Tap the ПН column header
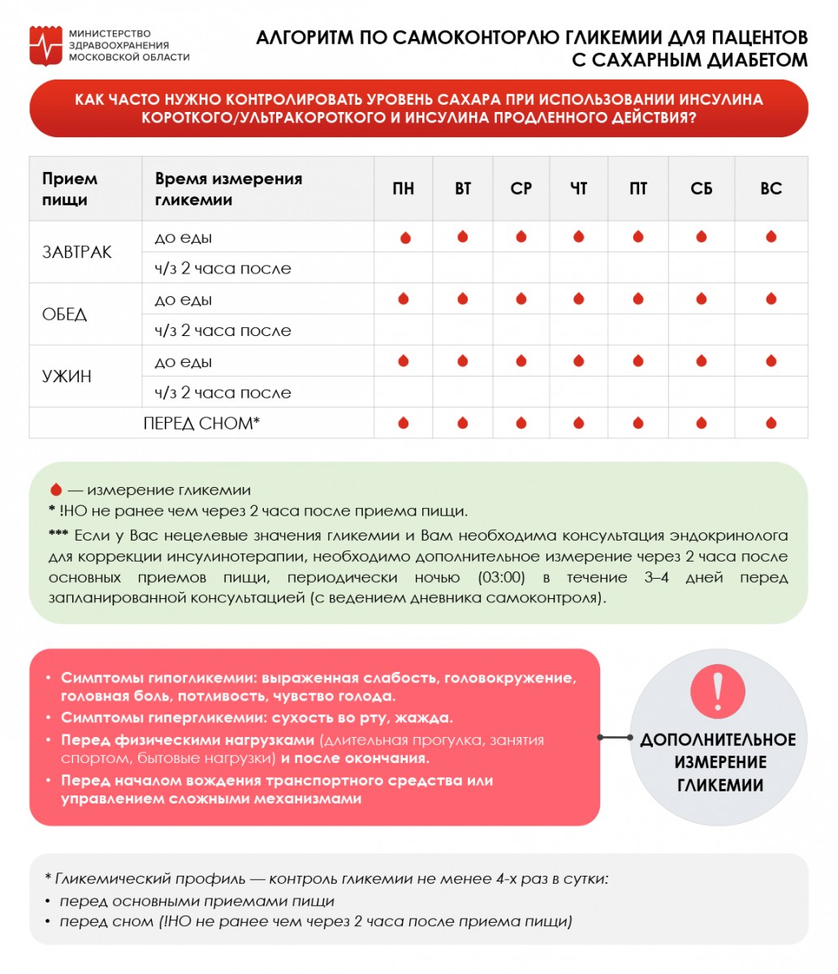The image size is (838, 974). tap(403, 189)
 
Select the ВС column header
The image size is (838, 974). tap(771, 189)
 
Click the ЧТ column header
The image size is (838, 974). tap(578, 189)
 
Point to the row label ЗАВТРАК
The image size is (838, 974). tap(77, 252)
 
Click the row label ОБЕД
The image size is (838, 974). tap(64, 315)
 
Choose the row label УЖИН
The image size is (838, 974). tap(67, 377)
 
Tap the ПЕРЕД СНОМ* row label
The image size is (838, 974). tap(201, 424)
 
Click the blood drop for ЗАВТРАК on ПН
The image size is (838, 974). tap(404, 238)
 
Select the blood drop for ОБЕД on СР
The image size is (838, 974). tap(521, 299)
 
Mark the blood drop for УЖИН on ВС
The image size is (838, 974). tap(771, 361)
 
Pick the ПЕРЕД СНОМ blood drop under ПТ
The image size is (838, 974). tap(638, 423)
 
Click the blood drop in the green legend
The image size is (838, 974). tap(55, 490)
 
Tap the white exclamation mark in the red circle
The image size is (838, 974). tap(717, 690)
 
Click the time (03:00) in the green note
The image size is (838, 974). tap(507, 578)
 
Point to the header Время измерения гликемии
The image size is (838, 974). tap(228, 189)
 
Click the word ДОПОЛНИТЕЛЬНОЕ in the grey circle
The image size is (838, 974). tap(718, 740)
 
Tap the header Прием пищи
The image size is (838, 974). tap(70, 189)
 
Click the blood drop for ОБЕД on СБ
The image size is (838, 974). tap(701, 299)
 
